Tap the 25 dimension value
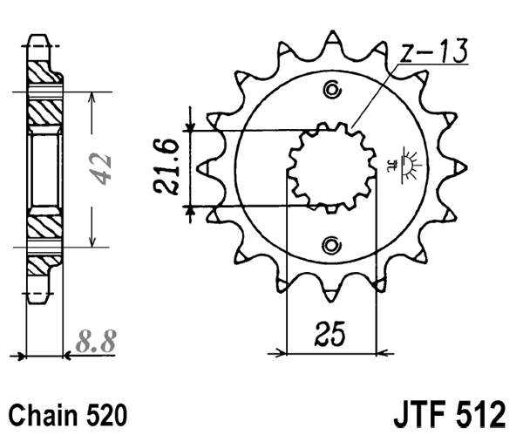tap(330, 335)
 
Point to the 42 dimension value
tap(104, 168)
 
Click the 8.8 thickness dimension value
tap(96, 339)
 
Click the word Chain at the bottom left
tap(40, 411)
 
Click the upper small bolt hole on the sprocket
tap(331, 90)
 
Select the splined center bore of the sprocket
tap(331, 167)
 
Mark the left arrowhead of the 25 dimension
tap(281, 353)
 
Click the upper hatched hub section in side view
tap(44, 109)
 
